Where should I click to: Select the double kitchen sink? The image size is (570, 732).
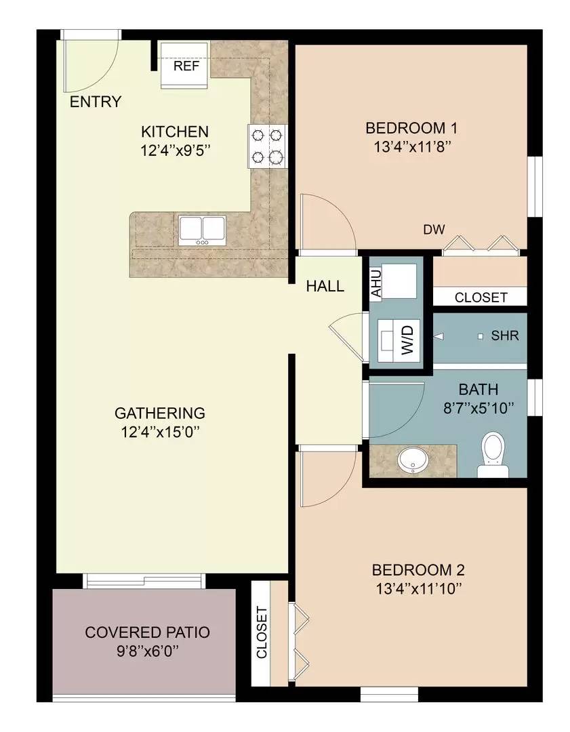click(202, 230)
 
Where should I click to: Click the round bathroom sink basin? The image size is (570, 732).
click(412, 460)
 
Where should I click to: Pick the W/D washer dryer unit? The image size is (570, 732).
click(399, 336)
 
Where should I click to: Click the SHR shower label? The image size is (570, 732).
click(505, 335)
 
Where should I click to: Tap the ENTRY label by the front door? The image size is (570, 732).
click(96, 102)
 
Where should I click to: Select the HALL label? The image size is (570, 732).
click(325, 286)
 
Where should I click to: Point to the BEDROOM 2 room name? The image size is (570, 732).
click(418, 570)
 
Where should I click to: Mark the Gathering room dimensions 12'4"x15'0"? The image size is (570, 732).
click(160, 430)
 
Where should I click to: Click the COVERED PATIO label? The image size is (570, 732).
click(147, 632)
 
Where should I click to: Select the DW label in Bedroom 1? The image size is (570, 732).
click(434, 230)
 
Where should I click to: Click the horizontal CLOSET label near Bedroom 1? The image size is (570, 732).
click(481, 297)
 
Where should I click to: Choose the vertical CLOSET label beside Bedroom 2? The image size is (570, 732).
click(262, 632)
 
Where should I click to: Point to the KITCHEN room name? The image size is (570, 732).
click(174, 131)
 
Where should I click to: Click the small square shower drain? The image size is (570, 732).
click(481, 336)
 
